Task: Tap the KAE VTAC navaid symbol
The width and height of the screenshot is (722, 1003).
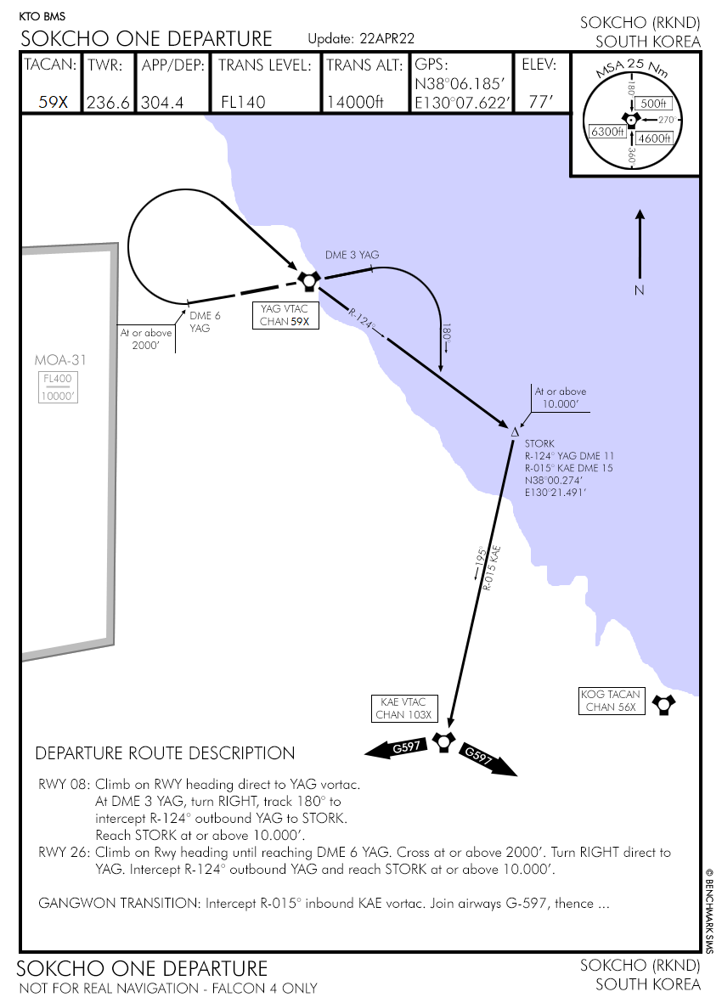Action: pyautogui.click(x=442, y=741)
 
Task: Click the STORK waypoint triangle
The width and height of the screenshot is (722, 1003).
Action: pyautogui.click(x=514, y=433)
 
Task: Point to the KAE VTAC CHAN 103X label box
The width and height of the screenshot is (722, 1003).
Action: pyautogui.click(x=403, y=708)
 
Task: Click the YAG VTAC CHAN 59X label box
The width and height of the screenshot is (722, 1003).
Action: pyautogui.click(x=285, y=316)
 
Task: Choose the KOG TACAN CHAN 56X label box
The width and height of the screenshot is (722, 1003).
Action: pyautogui.click(x=611, y=701)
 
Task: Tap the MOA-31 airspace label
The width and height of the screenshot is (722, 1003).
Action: pyautogui.click(x=60, y=360)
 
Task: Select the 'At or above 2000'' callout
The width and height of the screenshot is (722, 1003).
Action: pyautogui.click(x=146, y=339)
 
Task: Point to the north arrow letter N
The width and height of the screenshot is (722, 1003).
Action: pyautogui.click(x=640, y=290)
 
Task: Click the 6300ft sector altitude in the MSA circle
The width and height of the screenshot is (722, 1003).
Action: pyautogui.click(x=606, y=132)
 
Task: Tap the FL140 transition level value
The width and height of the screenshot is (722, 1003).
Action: pyautogui.click(x=243, y=103)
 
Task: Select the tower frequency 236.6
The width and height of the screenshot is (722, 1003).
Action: pyautogui.click(x=109, y=103)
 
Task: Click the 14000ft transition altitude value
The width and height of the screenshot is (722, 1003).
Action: pyautogui.click(x=355, y=103)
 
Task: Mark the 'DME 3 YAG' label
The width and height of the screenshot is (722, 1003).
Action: pyautogui.click(x=352, y=255)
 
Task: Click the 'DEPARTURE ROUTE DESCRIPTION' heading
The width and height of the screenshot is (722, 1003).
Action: pyautogui.click(x=165, y=753)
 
